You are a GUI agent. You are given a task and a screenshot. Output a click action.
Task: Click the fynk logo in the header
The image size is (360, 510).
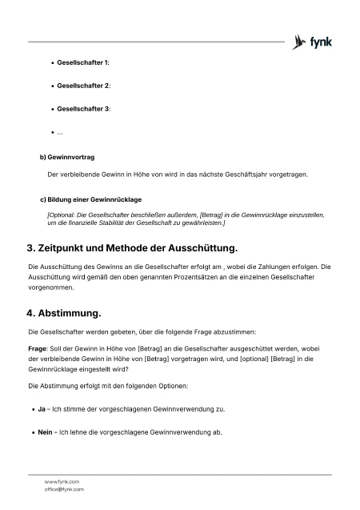(x=313, y=41)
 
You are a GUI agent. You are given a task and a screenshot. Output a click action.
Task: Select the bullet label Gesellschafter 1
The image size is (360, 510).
(x=83, y=62)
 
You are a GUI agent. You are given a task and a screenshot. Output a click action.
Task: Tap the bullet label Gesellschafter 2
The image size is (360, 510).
(x=83, y=85)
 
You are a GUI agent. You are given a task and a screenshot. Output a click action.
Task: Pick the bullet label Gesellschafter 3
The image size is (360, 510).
(x=83, y=108)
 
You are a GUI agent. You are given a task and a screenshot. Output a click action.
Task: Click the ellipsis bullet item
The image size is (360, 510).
(x=60, y=131)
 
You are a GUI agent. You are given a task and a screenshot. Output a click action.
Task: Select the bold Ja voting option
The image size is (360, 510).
(x=41, y=409)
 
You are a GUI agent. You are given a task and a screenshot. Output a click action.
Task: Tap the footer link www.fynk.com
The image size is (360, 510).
(x=61, y=481)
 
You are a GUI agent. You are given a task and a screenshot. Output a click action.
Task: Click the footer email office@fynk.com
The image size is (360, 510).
(x=63, y=489)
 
